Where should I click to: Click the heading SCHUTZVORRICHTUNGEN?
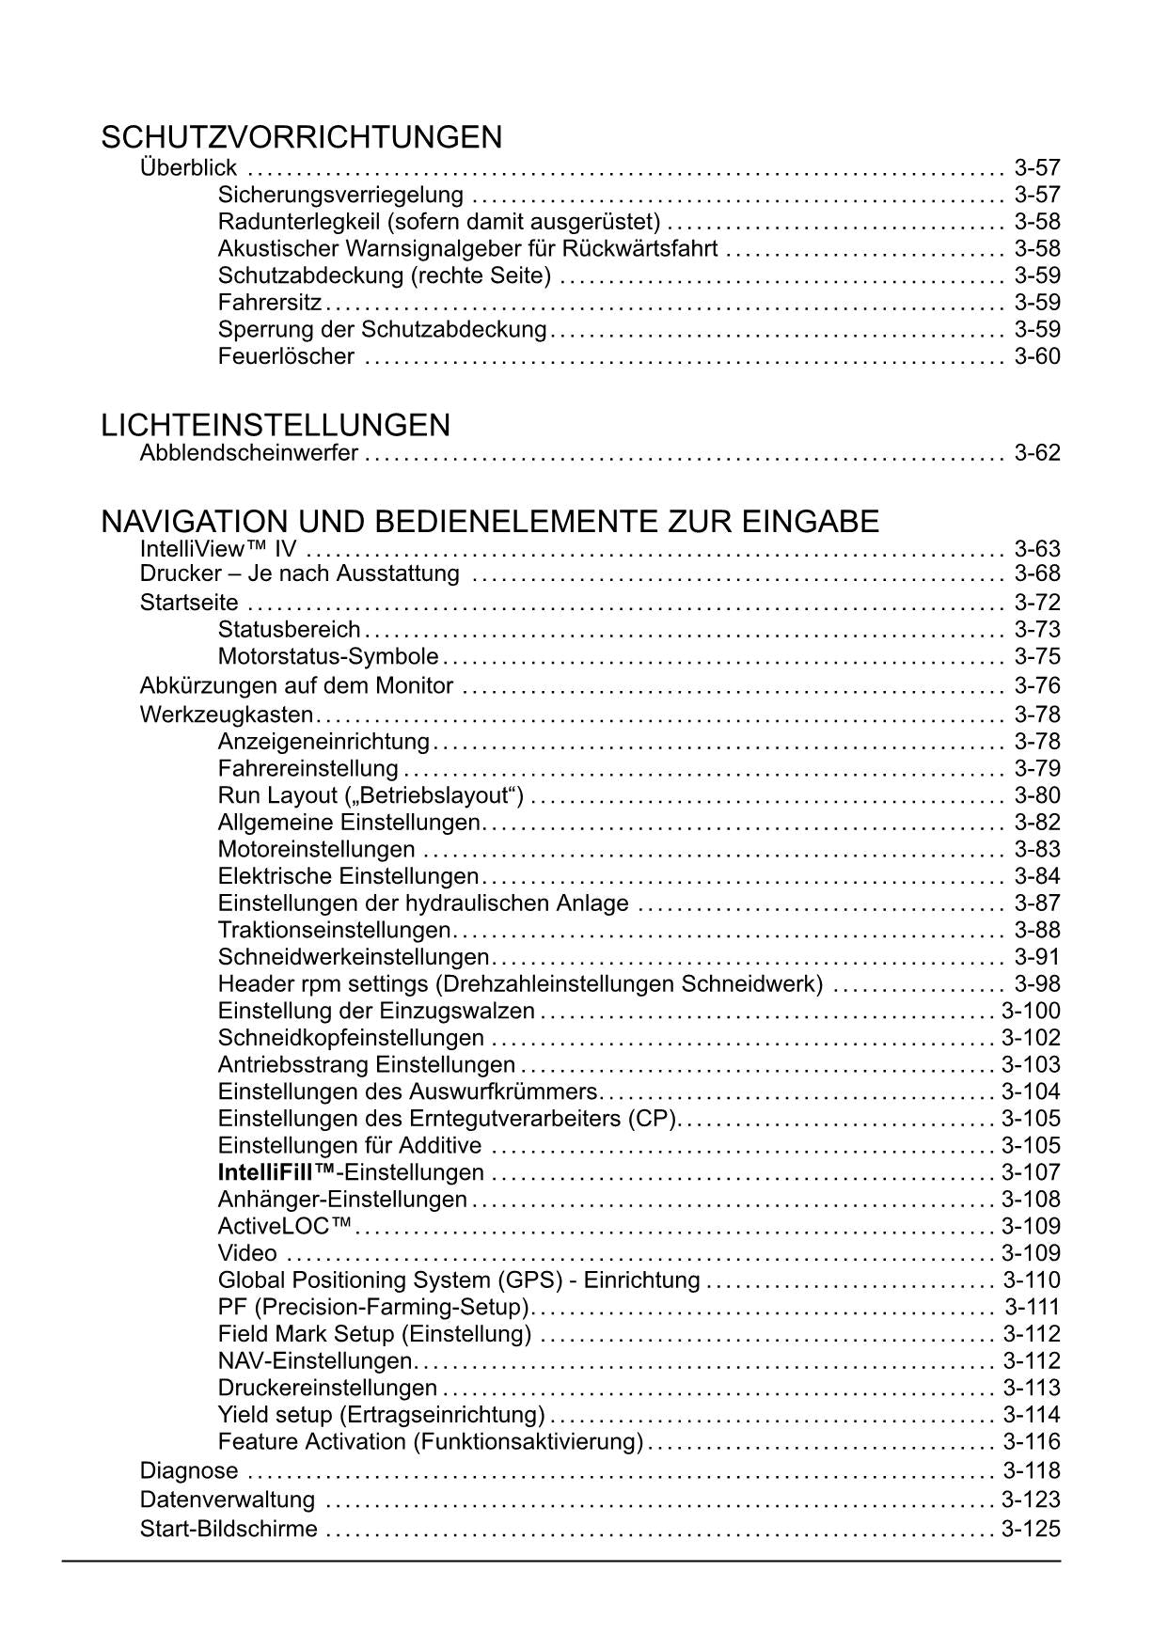point(301,138)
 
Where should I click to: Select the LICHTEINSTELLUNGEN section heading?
point(276,426)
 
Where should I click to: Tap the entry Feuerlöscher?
point(286,356)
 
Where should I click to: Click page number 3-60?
point(1037,356)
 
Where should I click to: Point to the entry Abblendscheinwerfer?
point(248,453)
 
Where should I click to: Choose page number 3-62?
point(1037,453)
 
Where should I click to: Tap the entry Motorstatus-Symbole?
point(328,656)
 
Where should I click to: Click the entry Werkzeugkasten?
point(226,715)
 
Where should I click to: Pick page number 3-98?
point(1037,984)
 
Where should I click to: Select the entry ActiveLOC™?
point(285,1226)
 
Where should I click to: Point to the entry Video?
point(247,1253)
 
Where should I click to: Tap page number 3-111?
point(1032,1307)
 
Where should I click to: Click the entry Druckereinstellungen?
point(327,1388)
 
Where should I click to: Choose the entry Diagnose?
point(189,1470)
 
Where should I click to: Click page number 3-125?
point(1031,1529)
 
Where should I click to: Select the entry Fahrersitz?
point(270,303)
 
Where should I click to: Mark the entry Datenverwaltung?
point(228,1500)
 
